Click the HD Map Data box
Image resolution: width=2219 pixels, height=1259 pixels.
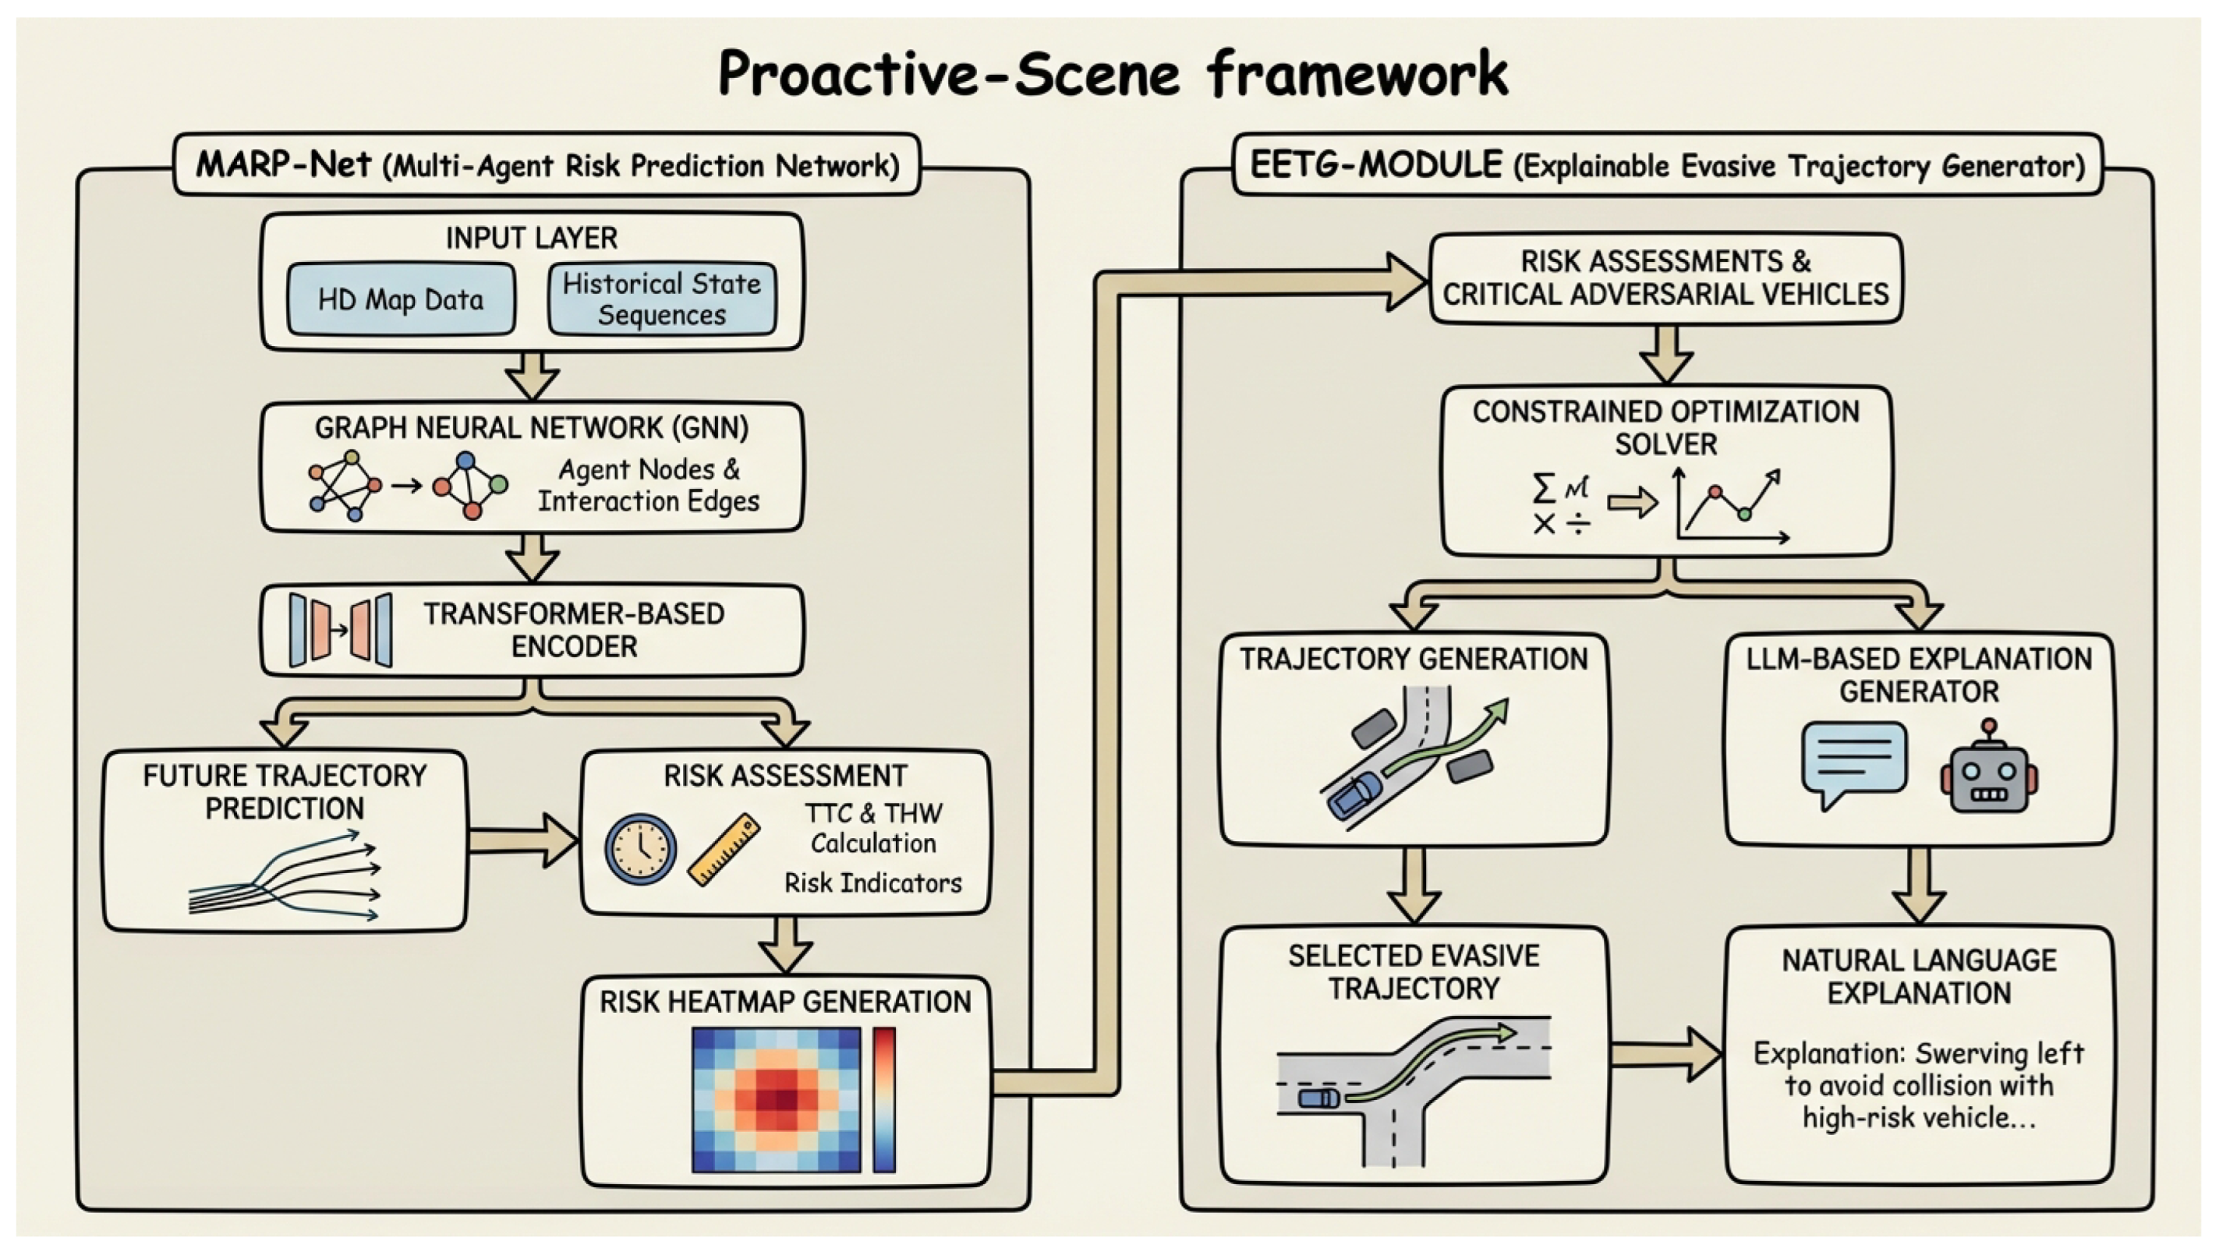point(401,299)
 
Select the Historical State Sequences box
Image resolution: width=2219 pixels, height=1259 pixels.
point(661,299)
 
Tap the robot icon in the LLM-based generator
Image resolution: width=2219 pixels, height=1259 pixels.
point(1989,769)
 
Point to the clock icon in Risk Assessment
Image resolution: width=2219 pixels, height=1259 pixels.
point(640,848)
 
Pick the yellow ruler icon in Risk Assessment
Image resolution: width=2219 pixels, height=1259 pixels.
point(724,850)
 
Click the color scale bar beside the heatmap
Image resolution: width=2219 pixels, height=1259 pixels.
point(884,1099)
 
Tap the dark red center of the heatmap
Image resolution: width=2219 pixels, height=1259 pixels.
point(784,1099)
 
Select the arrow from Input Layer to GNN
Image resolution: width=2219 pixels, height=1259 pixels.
point(532,374)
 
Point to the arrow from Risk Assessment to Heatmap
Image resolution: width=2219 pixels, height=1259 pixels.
point(784,944)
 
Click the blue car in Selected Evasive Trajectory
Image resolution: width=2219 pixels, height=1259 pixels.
point(1318,1098)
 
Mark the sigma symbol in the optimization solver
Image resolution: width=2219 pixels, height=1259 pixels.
point(1543,489)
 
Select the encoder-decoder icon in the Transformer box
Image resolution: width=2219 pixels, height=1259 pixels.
point(341,630)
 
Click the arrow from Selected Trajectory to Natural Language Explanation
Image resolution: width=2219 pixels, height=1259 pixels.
point(1665,1054)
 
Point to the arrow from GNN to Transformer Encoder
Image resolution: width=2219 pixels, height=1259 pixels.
point(532,557)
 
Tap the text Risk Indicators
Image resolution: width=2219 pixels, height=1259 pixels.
point(872,882)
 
